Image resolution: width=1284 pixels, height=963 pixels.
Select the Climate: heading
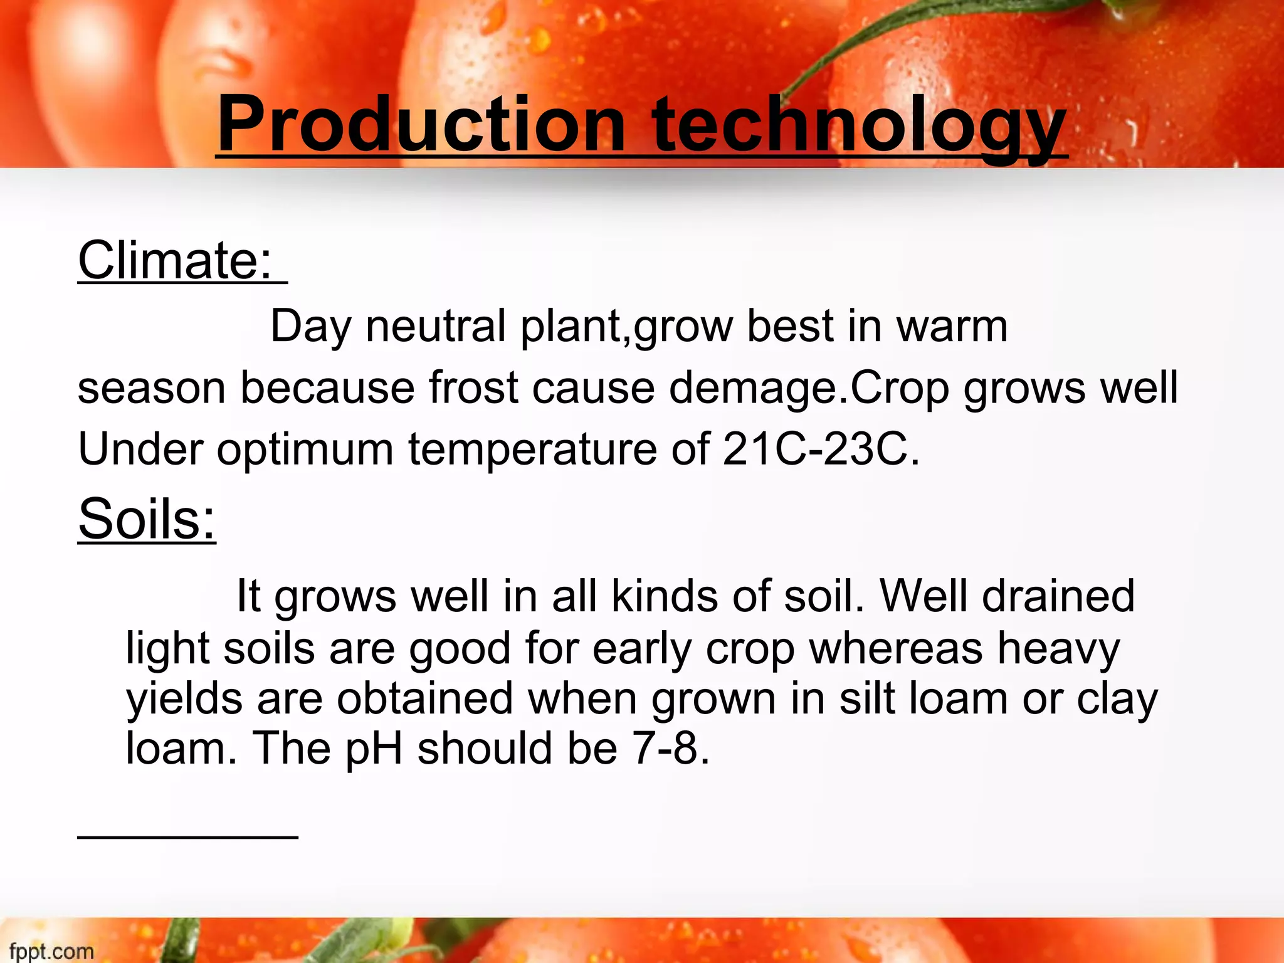176,260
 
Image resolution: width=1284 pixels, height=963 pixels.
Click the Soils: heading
147,519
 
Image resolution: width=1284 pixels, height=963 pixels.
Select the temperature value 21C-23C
815,450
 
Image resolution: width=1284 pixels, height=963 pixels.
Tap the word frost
473,388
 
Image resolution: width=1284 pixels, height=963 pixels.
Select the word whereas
896,648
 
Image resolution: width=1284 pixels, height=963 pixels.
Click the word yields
184,700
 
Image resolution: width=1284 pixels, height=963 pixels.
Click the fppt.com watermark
51,951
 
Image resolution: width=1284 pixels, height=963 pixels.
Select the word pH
374,750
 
